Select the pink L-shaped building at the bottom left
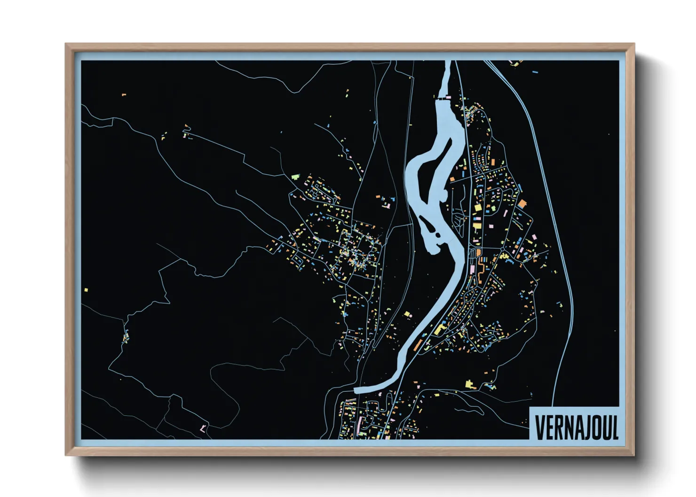click(x=202, y=428)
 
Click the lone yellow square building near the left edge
click(x=86, y=290)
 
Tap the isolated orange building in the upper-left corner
click(x=124, y=95)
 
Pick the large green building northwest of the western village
click(x=295, y=177)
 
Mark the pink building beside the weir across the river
click(x=448, y=97)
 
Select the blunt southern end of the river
click(x=356, y=390)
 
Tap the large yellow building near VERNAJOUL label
click(x=469, y=385)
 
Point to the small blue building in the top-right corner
click(x=535, y=72)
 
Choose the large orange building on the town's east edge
click(x=522, y=204)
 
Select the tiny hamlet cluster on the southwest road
click(x=126, y=336)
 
